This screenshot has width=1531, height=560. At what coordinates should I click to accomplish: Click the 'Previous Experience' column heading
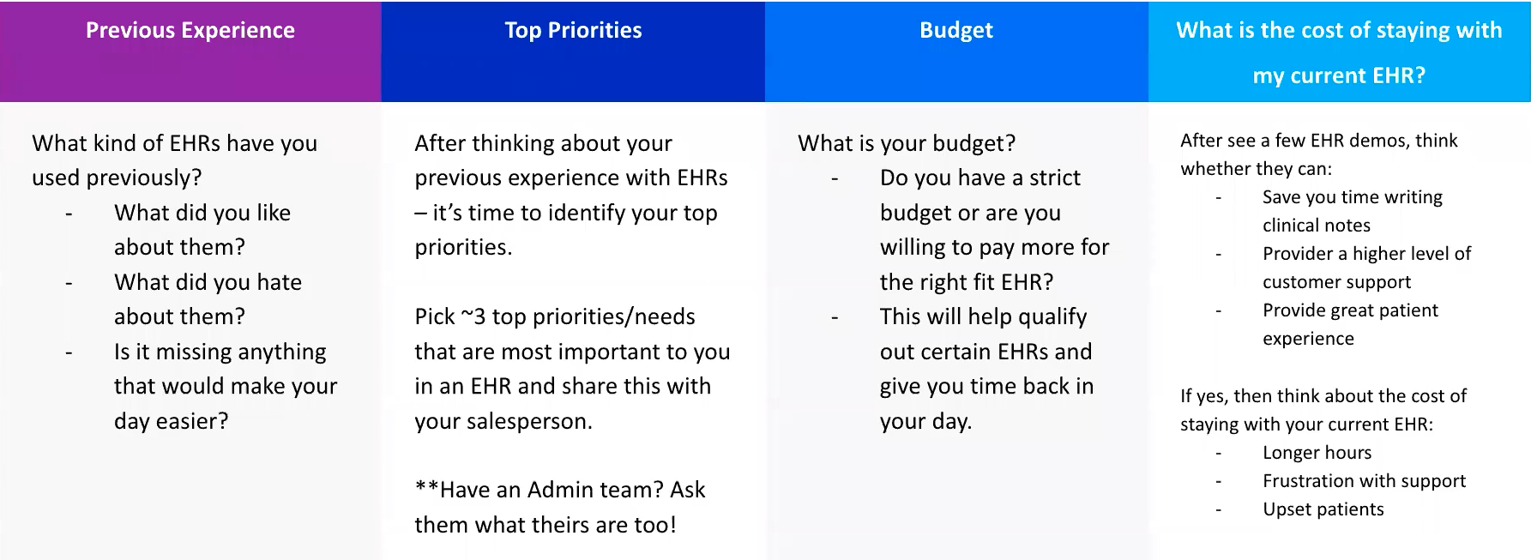(x=190, y=31)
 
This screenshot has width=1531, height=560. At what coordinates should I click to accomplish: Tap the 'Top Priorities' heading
(x=573, y=31)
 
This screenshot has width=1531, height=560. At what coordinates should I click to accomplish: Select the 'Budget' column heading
(x=955, y=31)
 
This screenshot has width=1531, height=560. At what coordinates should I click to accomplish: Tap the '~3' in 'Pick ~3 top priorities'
(x=473, y=316)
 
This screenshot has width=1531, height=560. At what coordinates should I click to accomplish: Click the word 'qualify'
(x=1052, y=316)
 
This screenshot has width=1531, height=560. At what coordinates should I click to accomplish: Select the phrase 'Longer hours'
(x=1317, y=453)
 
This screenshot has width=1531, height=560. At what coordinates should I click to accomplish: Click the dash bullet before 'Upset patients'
(x=1218, y=510)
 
